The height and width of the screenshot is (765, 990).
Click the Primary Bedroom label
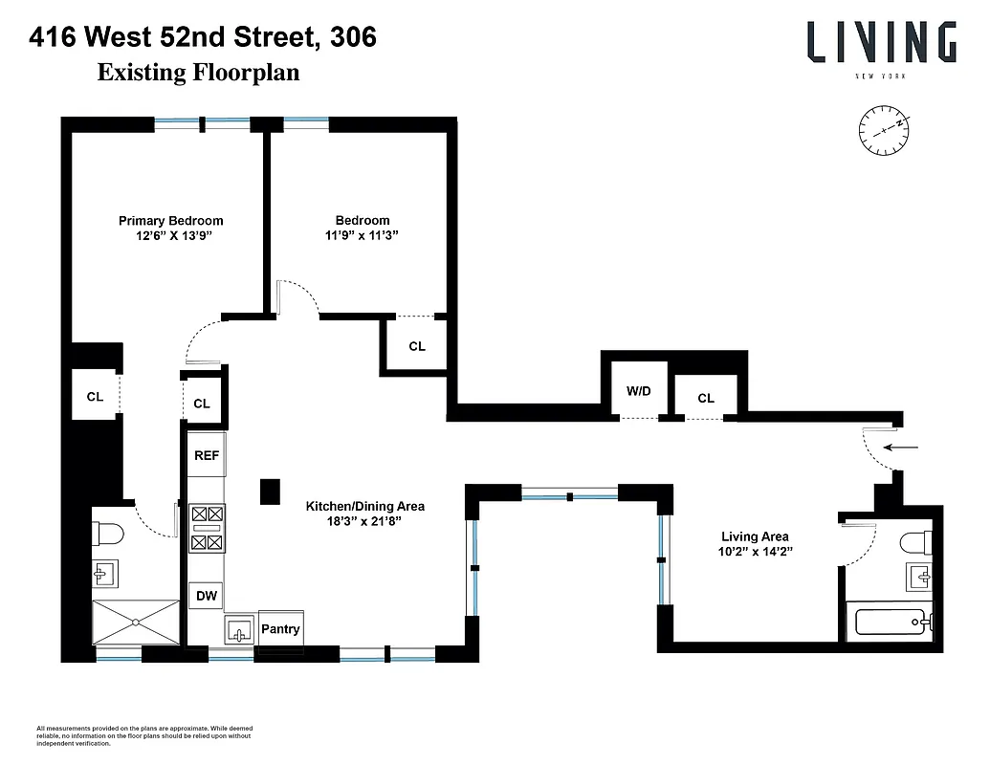(x=170, y=221)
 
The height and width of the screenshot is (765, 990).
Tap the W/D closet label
(x=638, y=391)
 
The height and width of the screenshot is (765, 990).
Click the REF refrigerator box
(x=207, y=456)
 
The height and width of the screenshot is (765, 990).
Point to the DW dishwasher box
(x=207, y=596)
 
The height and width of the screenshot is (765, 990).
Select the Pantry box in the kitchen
(x=280, y=629)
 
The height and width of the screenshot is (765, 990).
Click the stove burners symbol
(x=207, y=528)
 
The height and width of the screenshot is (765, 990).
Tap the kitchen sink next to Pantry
(x=239, y=631)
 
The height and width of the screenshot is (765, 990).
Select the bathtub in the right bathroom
(x=889, y=623)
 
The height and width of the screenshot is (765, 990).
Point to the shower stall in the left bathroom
(x=136, y=623)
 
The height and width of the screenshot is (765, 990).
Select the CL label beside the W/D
(x=705, y=399)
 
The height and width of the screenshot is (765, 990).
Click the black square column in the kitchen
(x=270, y=491)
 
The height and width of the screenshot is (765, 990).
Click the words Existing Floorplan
(x=198, y=73)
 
